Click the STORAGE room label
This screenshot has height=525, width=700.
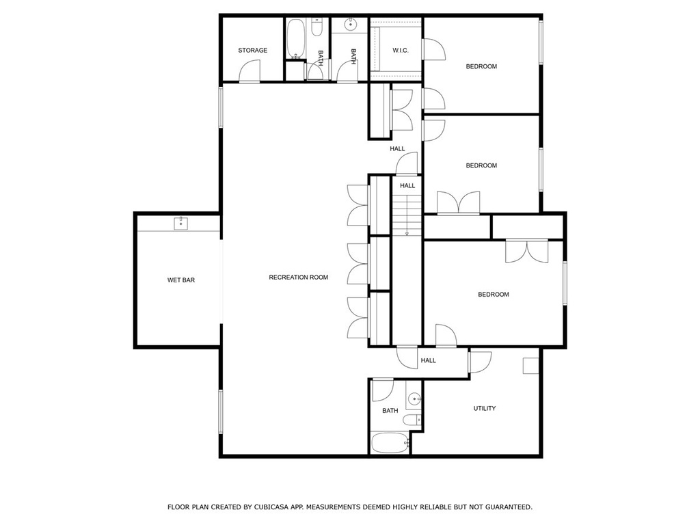pos(253,51)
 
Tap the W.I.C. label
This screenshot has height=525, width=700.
pos(401,51)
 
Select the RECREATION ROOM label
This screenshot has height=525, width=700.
pos(298,278)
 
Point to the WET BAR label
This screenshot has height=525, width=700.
pos(180,280)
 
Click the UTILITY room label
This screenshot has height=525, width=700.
pos(485,409)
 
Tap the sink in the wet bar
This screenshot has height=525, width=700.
pos(180,224)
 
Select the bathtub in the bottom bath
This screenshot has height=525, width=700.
pos(390,443)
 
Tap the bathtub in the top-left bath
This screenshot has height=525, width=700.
pos(295,38)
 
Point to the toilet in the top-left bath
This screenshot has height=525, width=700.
pos(317,27)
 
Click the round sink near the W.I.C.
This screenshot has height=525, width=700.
pos(351,25)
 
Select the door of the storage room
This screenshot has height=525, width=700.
pos(250,71)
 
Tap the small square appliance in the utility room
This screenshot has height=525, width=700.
pos(530,365)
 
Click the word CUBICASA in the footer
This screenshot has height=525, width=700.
pos(271,507)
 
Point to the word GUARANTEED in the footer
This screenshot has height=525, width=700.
pos(509,507)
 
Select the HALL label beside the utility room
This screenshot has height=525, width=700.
pos(428,361)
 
